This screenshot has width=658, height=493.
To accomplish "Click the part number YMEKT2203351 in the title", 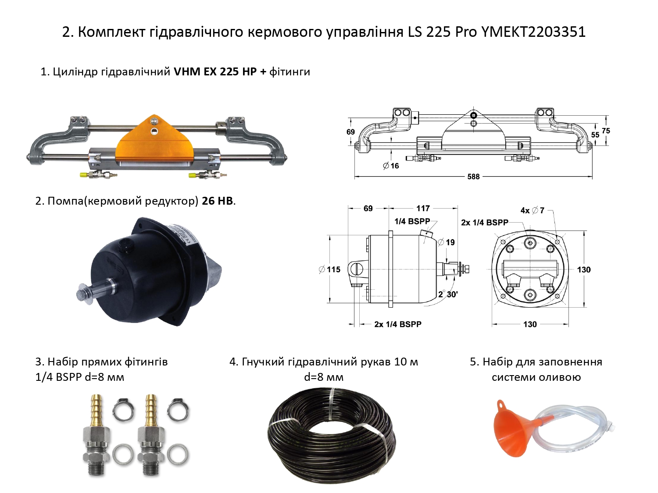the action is tap(533, 32).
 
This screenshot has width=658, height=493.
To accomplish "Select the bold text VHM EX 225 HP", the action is tap(215, 72).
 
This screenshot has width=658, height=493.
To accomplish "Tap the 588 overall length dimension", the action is tap(473, 177).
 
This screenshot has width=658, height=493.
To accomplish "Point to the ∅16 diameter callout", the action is tap(391, 166).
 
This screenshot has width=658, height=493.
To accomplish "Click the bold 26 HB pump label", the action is tap(217, 201).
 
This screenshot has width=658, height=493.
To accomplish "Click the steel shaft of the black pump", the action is tap(97, 289).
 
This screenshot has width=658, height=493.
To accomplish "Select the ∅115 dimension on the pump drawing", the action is tap(329, 270).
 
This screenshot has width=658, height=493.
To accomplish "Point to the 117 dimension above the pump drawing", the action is tap(423, 208).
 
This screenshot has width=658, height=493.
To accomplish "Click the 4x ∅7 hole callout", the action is tap(533, 210).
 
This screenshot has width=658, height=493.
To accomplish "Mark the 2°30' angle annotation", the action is tap(448, 294).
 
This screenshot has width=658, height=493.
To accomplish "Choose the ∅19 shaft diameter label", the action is tap(447, 242).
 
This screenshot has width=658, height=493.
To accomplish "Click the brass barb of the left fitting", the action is tap(97, 409).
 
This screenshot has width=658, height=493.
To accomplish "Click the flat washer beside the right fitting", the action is tap(178, 455).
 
